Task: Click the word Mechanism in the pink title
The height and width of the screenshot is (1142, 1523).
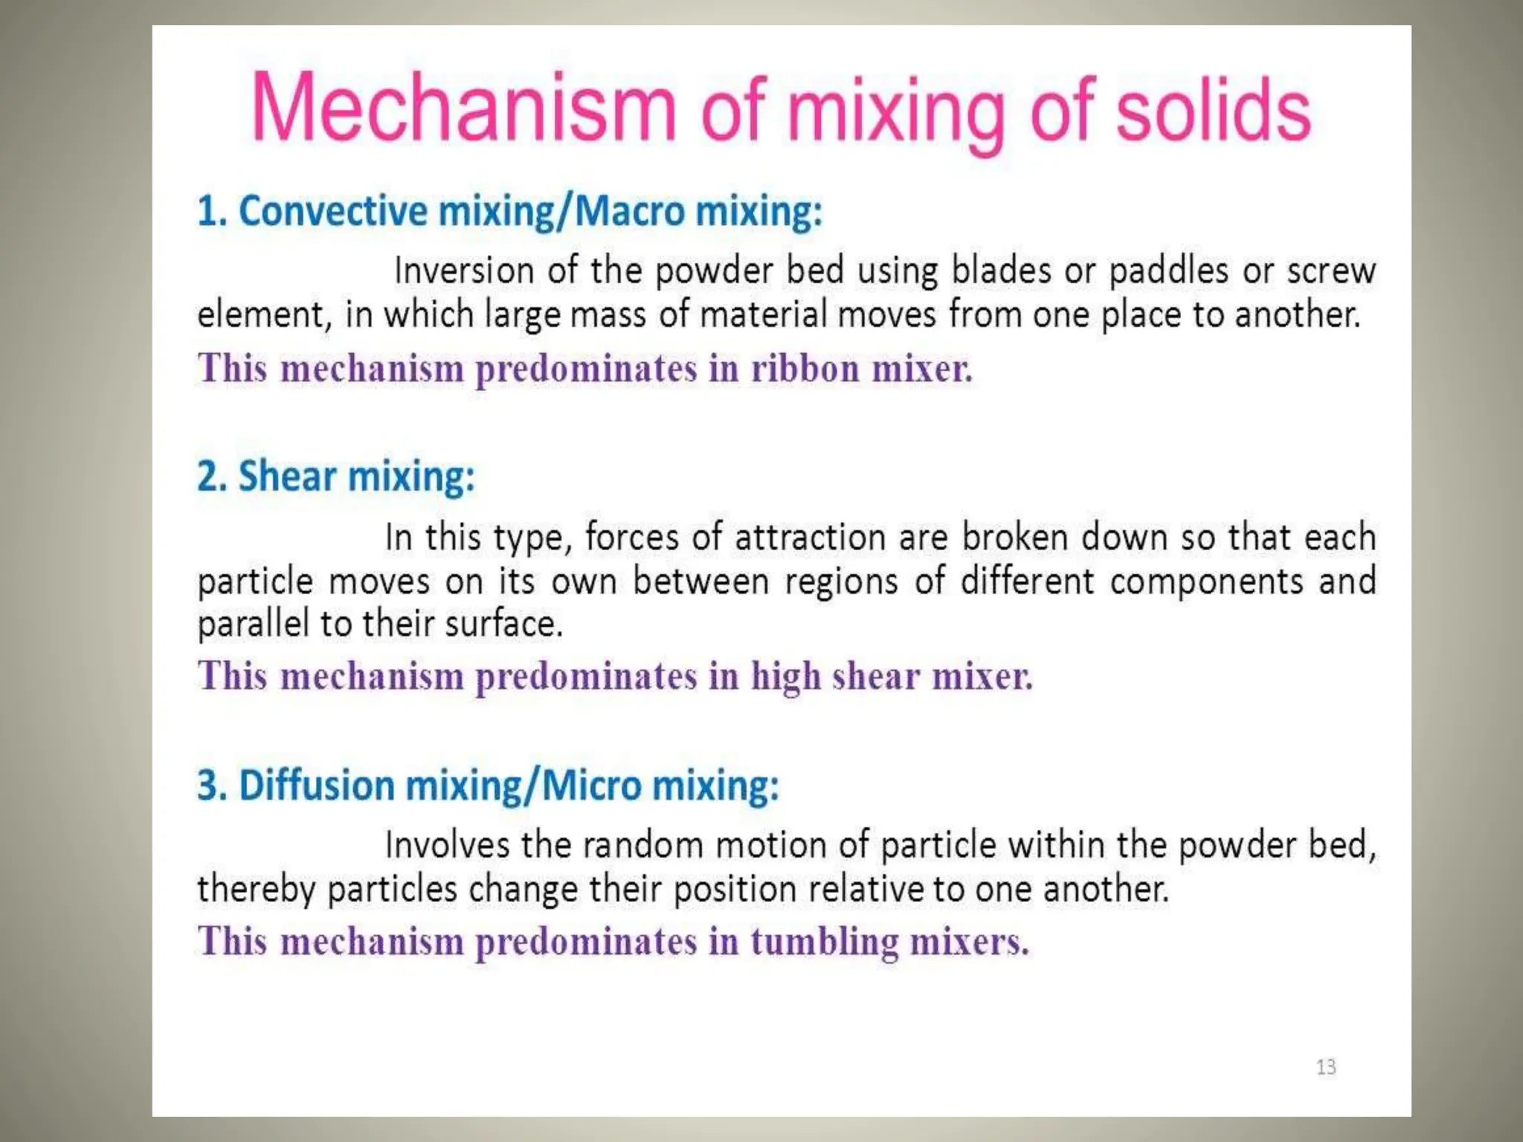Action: click(463, 109)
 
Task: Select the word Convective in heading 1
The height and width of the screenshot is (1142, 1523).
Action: click(333, 211)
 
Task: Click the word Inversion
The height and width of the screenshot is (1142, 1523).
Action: click(463, 271)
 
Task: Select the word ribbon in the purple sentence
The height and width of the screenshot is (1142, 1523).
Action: click(805, 369)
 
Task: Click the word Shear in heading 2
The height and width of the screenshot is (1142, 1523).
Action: click(286, 476)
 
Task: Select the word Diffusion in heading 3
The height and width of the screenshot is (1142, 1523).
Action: click(316, 785)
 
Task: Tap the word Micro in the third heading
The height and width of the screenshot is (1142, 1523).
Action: click(591, 785)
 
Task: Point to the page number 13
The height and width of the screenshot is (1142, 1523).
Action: click(1326, 1068)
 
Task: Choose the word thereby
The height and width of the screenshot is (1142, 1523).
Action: click(256, 890)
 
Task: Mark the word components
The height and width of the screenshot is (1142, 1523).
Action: click(1206, 581)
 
